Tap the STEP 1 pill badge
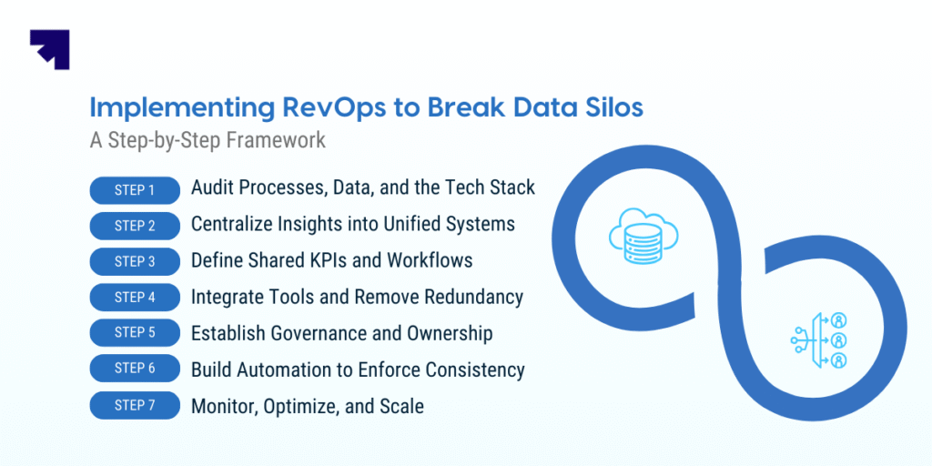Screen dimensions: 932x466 coord(135,191)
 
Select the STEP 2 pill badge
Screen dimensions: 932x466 coord(135,227)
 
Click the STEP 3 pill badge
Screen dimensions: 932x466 coord(135,262)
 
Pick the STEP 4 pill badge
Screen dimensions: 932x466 coord(135,298)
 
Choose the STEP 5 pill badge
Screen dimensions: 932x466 coord(135,333)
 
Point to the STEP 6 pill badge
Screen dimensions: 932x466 coord(135,370)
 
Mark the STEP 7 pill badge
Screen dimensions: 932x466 coord(135,406)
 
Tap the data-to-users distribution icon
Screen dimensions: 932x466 coord(819,340)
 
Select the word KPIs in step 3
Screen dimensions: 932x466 coord(322,259)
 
